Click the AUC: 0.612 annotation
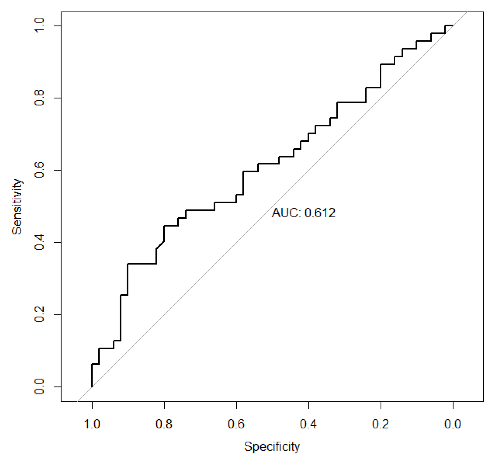click(x=303, y=213)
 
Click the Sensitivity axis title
click(x=17, y=207)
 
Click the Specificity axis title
click(x=272, y=446)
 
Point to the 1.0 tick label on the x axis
click(x=92, y=424)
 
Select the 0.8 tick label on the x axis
click(x=164, y=424)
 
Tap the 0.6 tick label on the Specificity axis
click(x=236, y=424)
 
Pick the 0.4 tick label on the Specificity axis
click(x=308, y=424)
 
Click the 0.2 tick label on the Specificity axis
click(x=381, y=424)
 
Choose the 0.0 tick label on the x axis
click(x=453, y=424)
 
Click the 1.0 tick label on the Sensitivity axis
click(x=39, y=26)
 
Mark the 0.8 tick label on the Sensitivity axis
click(x=39, y=98)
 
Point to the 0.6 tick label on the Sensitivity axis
click(x=39, y=170)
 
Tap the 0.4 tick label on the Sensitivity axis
click(x=39, y=242)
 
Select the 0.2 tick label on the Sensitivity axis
click(x=39, y=314)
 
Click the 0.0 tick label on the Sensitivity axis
click(x=39, y=387)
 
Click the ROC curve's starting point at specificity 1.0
click(x=92, y=387)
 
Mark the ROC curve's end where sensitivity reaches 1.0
click(x=452, y=26)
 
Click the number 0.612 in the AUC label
click(x=320, y=213)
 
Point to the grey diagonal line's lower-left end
click(x=78, y=401)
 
